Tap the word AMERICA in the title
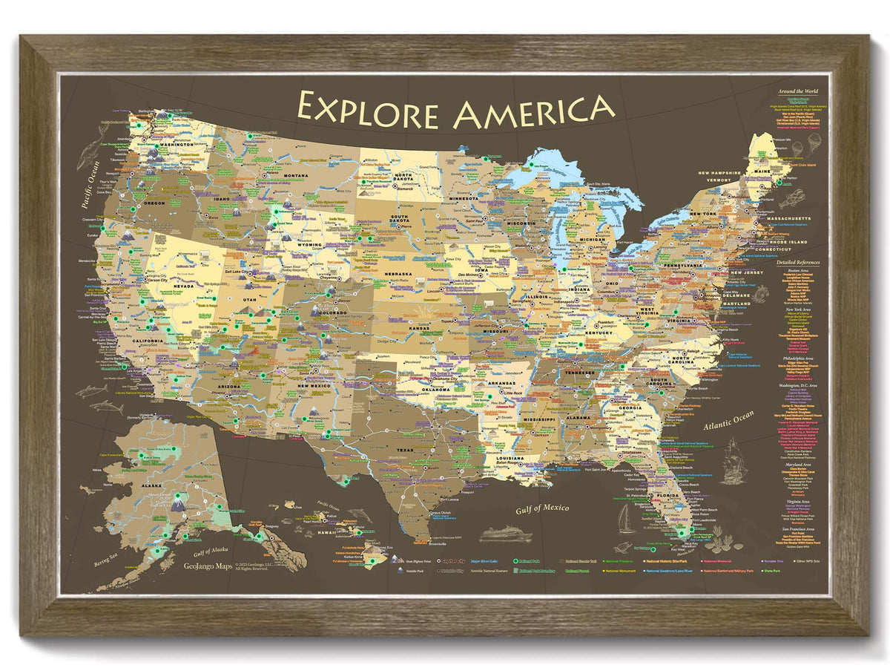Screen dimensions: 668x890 pyautogui.click(x=534, y=111)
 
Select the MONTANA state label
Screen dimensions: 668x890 pyautogui.click(x=275, y=175)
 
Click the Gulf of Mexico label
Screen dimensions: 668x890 pyautogui.click(x=542, y=508)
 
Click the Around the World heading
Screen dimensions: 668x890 pyautogui.click(x=797, y=91)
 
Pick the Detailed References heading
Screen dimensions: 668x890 pyautogui.click(x=797, y=263)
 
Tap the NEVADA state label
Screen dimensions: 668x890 pyautogui.click(x=183, y=286)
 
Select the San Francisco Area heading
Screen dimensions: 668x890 pyautogui.click(x=799, y=528)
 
